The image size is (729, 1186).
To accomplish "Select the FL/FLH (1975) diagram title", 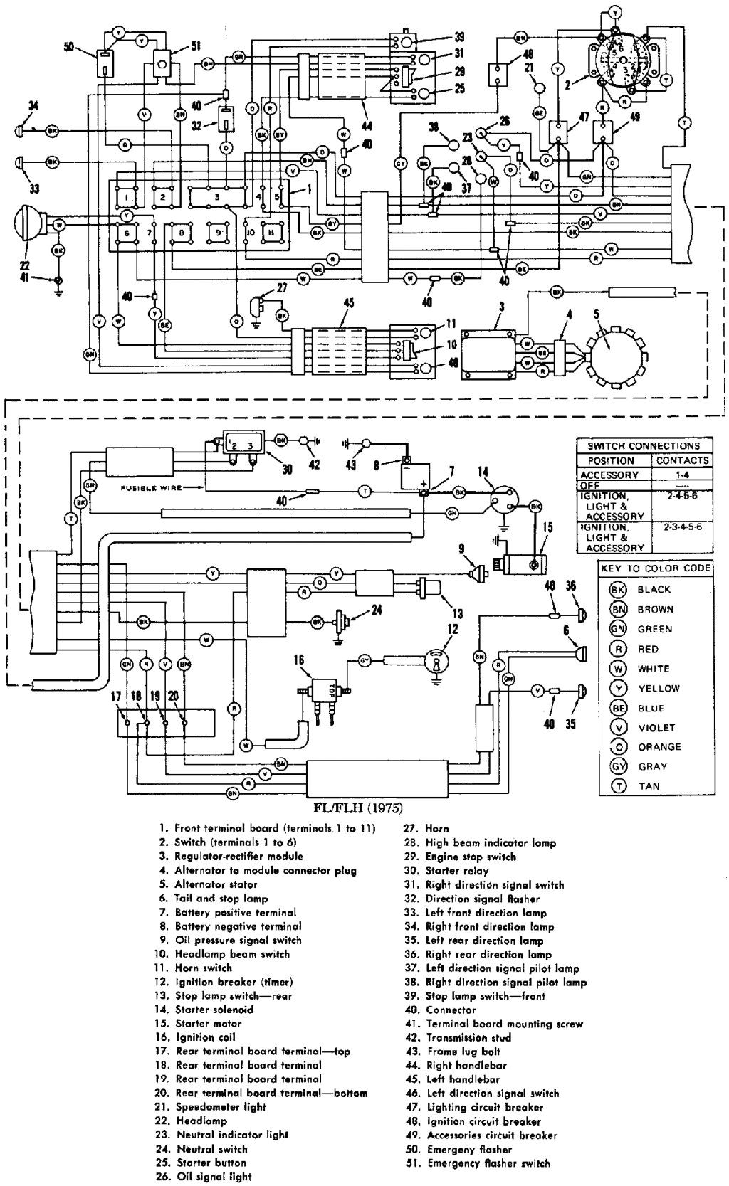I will (359, 808).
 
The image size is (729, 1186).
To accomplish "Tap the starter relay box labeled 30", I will (242, 445).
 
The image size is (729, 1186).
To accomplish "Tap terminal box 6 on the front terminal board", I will (125, 233).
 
